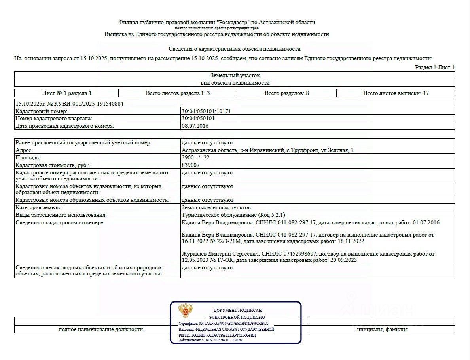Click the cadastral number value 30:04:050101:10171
[206, 111]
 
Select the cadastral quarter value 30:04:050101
[198, 118]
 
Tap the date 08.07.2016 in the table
[195, 126]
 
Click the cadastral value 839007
[190, 165]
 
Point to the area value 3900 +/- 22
[195, 157]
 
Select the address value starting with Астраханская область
[267, 150]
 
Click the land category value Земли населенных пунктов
[216, 207]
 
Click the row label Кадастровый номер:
[42, 111]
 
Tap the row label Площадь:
[28, 157]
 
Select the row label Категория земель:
[38, 207]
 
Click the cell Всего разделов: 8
[286, 93]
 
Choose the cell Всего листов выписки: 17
[396, 93]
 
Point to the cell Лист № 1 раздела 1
[67, 93]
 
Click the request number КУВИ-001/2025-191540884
[85, 104]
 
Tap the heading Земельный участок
[235, 75]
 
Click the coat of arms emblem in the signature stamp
[185, 311]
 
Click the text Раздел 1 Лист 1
[434, 67]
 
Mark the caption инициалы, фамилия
[382, 329]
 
